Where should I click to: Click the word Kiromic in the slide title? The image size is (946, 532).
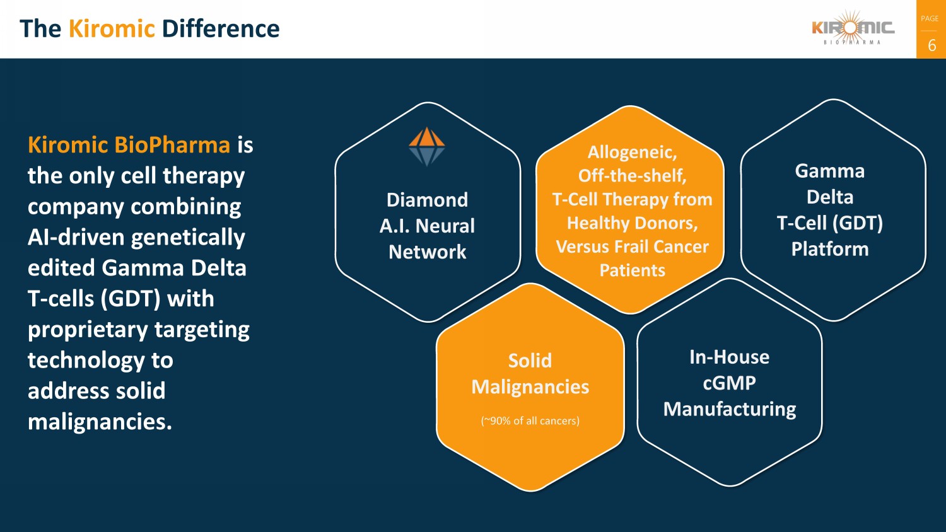point(111,29)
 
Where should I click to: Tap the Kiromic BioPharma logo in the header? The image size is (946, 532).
point(853,29)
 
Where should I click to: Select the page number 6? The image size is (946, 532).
point(931,45)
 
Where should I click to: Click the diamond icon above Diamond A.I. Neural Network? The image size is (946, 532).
point(427,146)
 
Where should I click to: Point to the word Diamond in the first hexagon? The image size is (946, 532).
point(427,200)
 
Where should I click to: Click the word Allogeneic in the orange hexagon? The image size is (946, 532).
point(631,152)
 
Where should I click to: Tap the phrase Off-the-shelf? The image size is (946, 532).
point(632,175)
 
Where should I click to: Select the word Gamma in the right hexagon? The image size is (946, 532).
point(829,171)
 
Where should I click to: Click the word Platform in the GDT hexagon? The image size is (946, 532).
point(829,249)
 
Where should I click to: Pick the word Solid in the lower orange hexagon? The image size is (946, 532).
point(530,361)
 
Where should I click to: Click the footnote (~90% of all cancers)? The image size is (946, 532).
point(530,420)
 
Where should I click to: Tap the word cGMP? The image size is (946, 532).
point(729,383)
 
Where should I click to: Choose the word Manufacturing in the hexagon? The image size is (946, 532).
point(729,409)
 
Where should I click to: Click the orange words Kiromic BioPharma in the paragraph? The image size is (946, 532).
point(129,145)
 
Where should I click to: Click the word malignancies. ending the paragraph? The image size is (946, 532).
point(100,421)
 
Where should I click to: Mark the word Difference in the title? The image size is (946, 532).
point(220,29)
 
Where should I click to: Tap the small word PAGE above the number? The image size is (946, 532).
point(930,19)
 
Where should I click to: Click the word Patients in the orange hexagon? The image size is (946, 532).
point(632,270)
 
